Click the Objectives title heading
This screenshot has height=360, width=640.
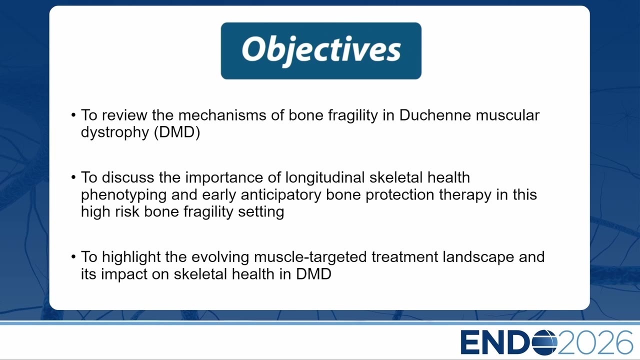[321, 51]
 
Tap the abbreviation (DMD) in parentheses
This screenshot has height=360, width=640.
[177, 132]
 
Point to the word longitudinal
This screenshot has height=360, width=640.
[325, 177]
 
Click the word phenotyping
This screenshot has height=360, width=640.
[123, 195]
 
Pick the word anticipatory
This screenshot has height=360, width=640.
[281, 195]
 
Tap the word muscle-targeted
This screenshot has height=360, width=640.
[310, 257]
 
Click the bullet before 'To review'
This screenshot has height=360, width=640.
[73, 115]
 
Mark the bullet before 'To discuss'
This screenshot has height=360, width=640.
[73, 177]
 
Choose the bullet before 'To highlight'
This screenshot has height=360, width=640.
[73, 257]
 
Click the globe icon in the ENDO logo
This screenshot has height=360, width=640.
[544, 342]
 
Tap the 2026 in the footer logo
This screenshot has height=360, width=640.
[595, 342]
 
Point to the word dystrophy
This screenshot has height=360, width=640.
[115, 132]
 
